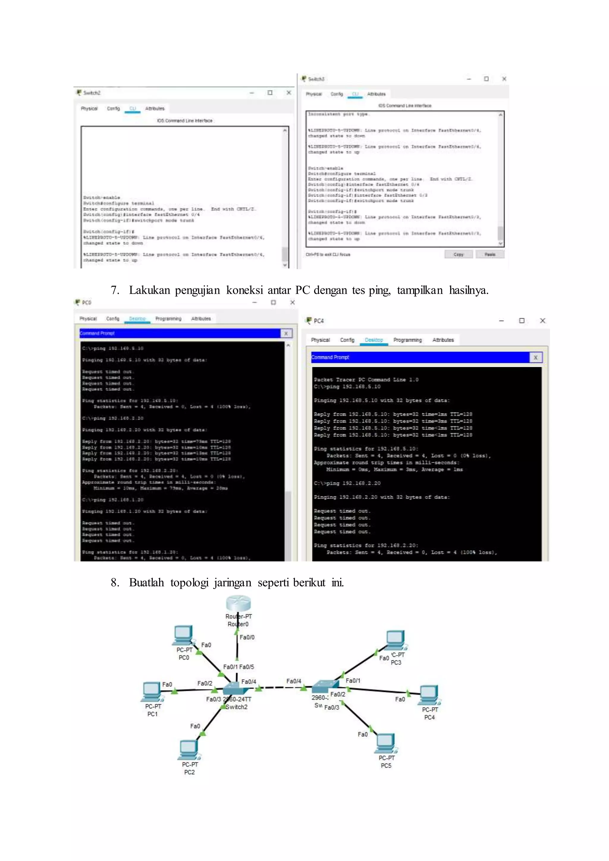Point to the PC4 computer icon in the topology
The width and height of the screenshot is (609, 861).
point(429,695)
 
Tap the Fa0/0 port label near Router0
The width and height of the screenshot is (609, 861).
point(247,637)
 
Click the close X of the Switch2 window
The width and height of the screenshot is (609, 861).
point(289,93)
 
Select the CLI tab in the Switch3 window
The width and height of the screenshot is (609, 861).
point(355,94)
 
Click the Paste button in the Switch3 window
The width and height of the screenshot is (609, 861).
point(490,254)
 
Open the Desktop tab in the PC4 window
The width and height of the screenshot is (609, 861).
point(374,340)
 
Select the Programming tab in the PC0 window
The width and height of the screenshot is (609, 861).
point(168,319)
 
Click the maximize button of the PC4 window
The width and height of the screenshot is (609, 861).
point(522,320)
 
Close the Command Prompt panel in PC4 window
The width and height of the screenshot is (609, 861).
point(536,357)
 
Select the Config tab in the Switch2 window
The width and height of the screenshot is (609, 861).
point(113,109)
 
